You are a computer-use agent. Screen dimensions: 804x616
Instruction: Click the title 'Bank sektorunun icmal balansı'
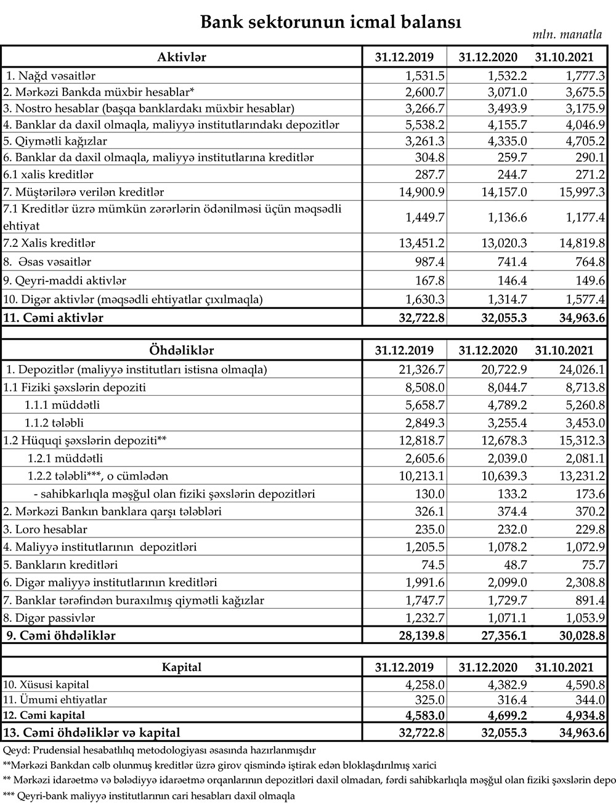click(x=331, y=22)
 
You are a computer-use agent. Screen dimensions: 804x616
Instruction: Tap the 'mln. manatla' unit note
click(x=567, y=35)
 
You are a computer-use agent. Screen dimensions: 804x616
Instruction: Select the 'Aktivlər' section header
click(x=182, y=57)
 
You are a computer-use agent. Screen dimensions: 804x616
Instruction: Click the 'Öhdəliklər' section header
click(x=182, y=350)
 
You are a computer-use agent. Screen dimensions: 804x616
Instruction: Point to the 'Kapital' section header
click(x=182, y=667)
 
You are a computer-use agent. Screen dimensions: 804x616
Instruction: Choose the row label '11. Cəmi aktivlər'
click(x=54, y=318)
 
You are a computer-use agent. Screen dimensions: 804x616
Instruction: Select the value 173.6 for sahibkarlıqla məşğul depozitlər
click(x=589, y=494)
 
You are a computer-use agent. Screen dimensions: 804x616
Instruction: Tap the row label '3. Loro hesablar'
click(x=46, y=529)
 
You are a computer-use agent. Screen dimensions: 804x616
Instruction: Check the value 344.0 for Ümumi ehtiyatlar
click(x=589, y=700)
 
